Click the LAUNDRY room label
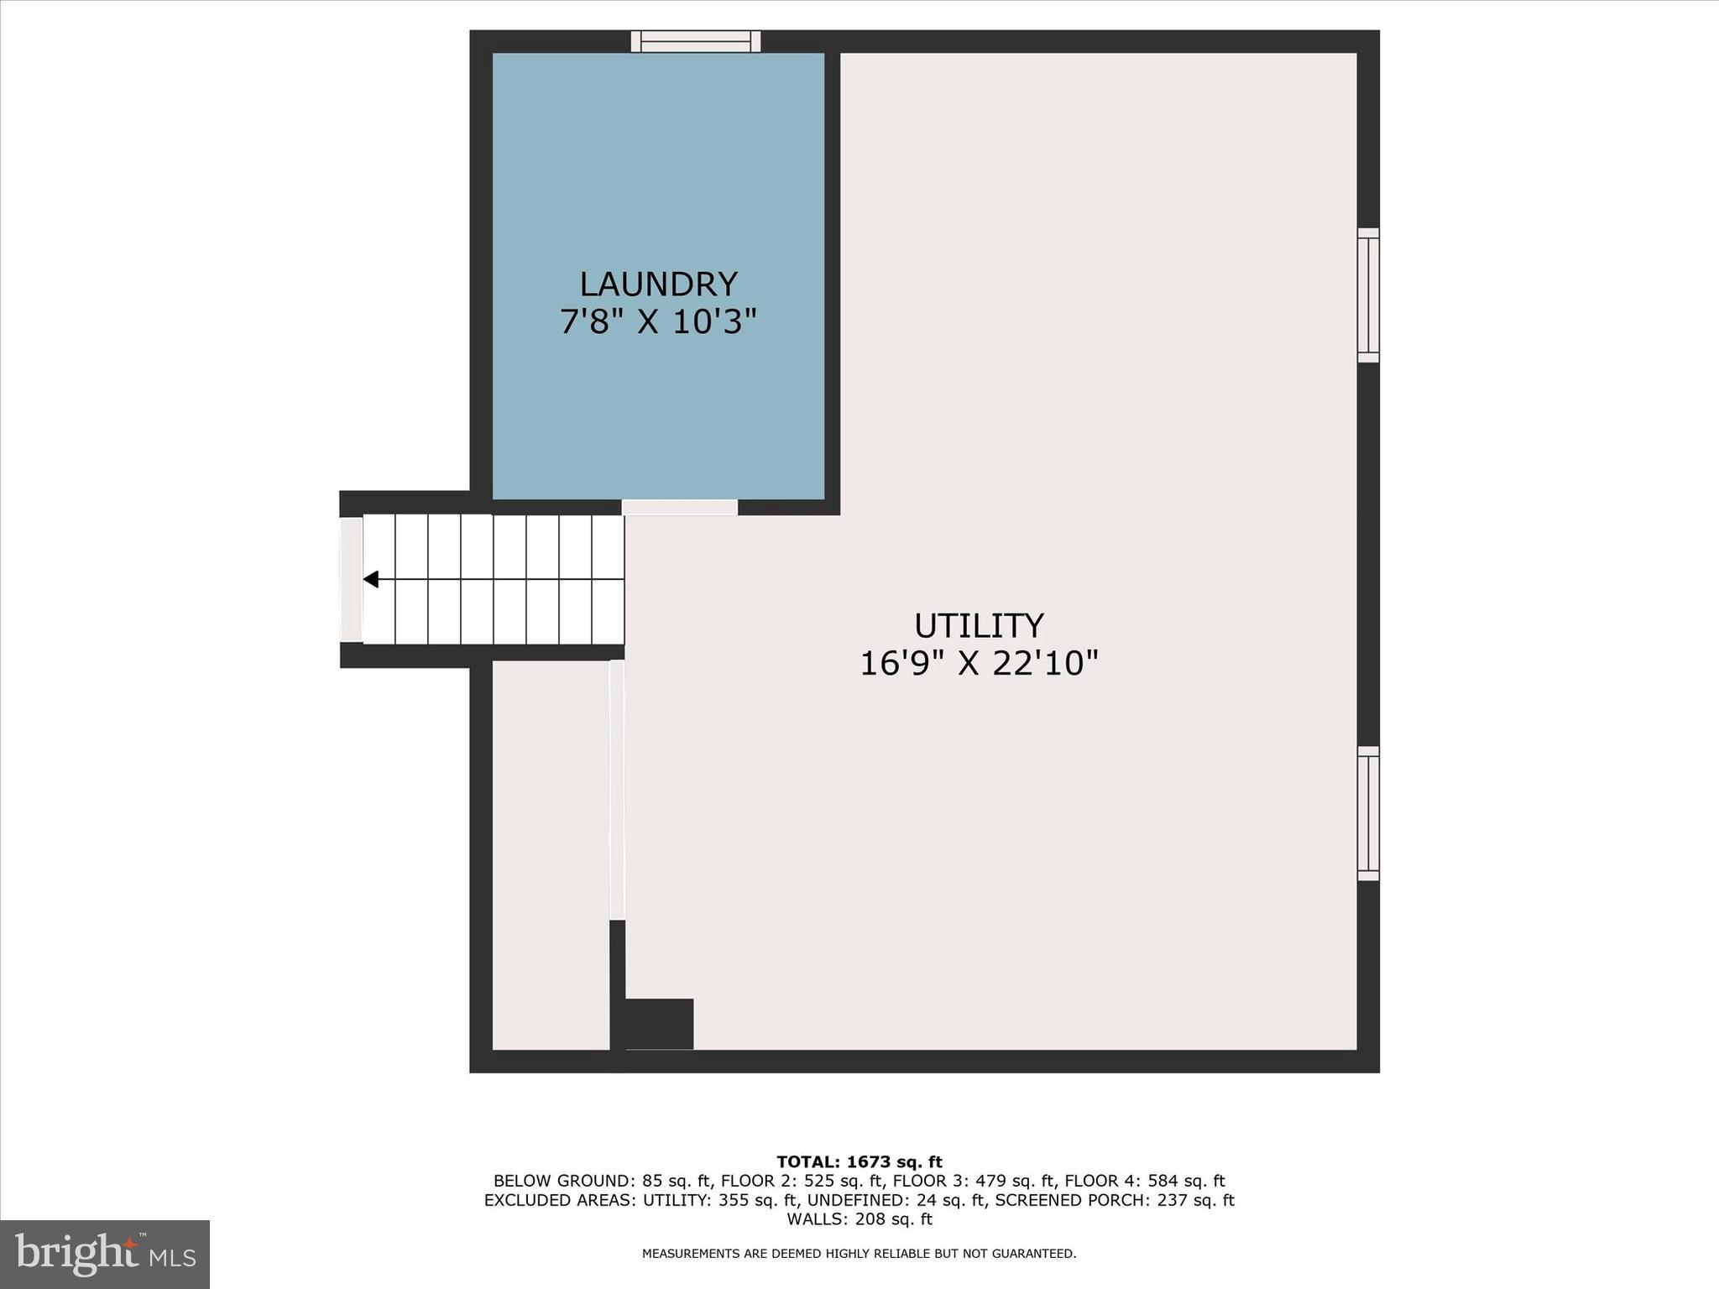(x=658, y=284)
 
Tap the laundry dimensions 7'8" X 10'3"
(x=658, y=321)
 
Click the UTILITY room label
(x=979, y=626)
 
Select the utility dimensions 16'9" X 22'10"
(x=979, y=663)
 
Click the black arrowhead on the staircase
(x=371, y=579)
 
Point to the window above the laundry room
(x=696, y=41)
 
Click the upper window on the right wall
(x=1368, y=295)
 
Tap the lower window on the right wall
(x=1368, y=813)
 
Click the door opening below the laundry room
(x=680, y=507)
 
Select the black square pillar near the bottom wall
(x=660, y=1023)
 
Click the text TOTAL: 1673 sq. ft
(x=859, y=1162)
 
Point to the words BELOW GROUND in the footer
(x=564, y=1182)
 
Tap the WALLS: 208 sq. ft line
(x=859, y=1219)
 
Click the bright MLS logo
(x=105, y=1254)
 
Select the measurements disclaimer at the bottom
(x=859, y=1254)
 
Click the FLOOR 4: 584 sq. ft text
(x=1145, y=1182)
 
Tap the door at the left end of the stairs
(x=351, y=579)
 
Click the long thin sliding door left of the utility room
(x=617, y=790)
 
